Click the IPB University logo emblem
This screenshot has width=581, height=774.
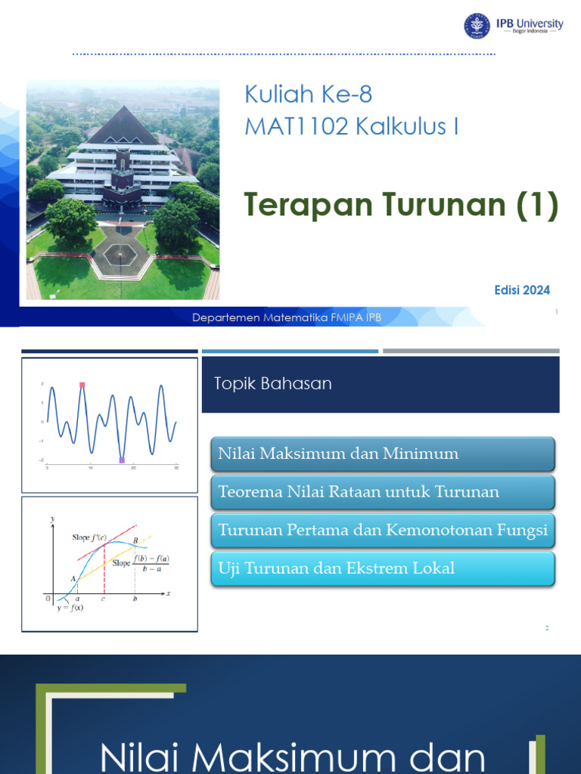point(477,26)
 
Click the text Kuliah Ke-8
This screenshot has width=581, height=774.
point(308,94)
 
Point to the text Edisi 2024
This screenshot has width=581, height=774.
point(521,290)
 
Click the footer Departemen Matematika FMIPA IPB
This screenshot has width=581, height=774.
point(287,318)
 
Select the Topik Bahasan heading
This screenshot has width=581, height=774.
point(273,383)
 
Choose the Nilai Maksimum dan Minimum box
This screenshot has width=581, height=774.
point(384,454)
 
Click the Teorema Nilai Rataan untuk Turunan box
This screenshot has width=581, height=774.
point(384,492)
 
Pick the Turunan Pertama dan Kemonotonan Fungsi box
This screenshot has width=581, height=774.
point(384,531)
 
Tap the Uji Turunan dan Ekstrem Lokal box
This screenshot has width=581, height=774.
point(384,568)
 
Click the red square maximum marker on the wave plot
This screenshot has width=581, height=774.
point(82,385)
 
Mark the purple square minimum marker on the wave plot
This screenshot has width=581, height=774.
point(122,460)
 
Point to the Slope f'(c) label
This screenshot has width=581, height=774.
point(89,538)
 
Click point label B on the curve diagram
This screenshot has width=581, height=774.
point(135,540)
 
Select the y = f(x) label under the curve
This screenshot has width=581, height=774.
point(70,608)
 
